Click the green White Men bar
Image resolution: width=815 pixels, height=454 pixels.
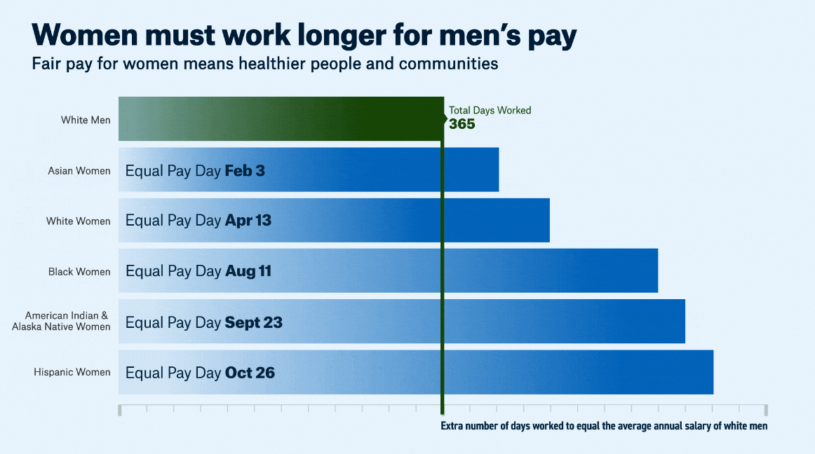pos(281,118)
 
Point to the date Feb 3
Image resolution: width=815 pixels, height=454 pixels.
pos(245,170)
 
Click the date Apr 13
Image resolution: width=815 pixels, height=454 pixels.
pos(248,221)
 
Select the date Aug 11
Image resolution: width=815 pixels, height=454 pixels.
pos(248,271)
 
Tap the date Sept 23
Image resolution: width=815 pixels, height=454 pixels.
pos(253,322)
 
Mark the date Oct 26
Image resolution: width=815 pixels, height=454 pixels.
pos(250,373)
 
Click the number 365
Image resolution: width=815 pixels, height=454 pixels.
pos(462,124)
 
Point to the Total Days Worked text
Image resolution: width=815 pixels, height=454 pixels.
pos(490,110)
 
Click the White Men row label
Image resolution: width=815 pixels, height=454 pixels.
pos(86,120)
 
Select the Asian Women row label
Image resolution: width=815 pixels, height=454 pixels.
pos(79,170)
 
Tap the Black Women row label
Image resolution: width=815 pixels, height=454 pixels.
pos(79,272)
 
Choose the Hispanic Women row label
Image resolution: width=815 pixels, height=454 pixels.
pos(72,372)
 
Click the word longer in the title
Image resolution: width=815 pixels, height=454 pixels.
pos(335,34)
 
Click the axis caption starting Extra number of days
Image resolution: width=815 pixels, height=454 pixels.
pos(604,426)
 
